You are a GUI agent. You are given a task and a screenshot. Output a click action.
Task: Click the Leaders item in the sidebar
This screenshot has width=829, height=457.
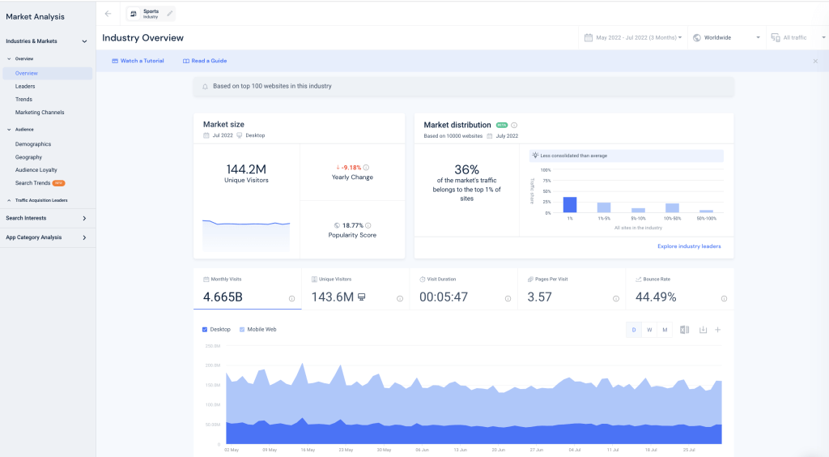pyautogui.click(x=25, y=86)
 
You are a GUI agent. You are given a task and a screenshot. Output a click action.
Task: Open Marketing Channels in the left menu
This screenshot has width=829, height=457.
pyautogui.click(x=40, y=113)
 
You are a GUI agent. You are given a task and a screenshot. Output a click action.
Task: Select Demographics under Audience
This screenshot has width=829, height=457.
pyautogui.click(x=33, y=144)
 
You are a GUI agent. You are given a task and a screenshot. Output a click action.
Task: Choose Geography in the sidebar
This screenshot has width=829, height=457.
pyautogui.click(x=28, y=157)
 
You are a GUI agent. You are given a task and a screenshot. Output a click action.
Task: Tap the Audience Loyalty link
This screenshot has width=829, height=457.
pyautogui.click(x=36, y=170)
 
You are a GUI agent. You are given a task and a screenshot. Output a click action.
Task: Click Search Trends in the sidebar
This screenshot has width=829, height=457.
pyautogui.click(x=32, y=183)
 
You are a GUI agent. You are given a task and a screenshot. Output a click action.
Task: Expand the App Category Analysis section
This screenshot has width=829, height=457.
pyautogui.click(x=46, y=237)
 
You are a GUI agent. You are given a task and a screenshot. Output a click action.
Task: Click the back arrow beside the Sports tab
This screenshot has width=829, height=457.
pyautogui.click(x=108, y=14)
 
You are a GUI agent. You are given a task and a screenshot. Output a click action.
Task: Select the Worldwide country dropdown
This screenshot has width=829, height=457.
pyautogui.click(x=726, y=37)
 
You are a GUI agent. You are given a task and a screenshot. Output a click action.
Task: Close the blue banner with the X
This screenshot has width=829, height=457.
pyautogui.click(x=815, y=61)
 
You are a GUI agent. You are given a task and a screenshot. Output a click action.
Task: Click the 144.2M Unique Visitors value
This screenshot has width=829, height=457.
pyautogui.click(x=246, y=169)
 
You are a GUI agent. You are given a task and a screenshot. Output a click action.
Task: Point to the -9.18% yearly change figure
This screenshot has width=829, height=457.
pyautogui.click(x=350, y=167)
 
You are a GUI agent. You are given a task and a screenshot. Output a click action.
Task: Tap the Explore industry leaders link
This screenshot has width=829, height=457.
pyautogui.click(x=689, y=246)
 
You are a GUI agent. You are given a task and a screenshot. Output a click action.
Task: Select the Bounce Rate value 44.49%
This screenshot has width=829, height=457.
pyautogui.click(x=656, y=297)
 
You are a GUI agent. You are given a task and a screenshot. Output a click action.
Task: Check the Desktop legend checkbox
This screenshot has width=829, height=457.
pyautogui.click(x=204, y=330)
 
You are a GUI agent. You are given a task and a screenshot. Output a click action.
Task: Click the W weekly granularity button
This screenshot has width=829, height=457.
pyautogui.click(x=649, y=330)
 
